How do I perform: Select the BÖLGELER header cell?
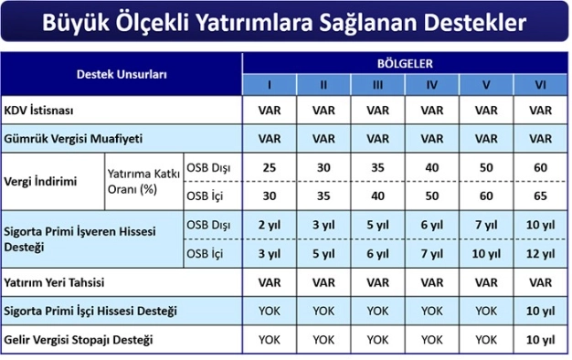tap(405, 63)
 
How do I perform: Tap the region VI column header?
tap(540, 86)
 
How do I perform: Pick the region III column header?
tap(377, 86)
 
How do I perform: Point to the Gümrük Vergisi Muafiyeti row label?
tap(73, 140)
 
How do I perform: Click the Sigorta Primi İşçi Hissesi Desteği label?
tap(90, 312)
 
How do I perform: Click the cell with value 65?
tap(540, 196)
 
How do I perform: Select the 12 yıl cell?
tap(540, 253)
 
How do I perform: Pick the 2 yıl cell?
tap(269, 226)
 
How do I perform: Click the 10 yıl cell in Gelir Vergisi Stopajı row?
tap(540, 340)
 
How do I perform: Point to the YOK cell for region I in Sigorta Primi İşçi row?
tap(269, 312)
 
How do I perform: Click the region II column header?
tap(323, 86)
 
